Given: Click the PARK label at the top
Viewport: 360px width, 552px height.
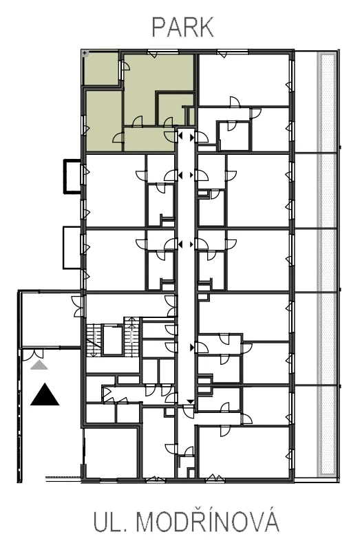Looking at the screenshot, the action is click(182, 28).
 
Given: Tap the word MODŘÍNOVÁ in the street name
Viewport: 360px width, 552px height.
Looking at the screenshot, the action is click(207, 522).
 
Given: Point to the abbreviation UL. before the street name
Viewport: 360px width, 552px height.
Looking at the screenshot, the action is click(109, 523).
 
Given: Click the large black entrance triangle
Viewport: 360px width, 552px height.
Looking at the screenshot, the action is click(45, 394).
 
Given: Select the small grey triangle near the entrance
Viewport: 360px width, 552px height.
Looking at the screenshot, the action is click(39, 365).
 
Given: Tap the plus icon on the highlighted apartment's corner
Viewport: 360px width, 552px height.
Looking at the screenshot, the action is click(85, 53).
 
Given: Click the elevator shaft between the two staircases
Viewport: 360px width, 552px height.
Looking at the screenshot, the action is click(113, 340).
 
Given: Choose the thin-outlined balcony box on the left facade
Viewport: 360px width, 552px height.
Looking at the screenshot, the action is click(72, 248).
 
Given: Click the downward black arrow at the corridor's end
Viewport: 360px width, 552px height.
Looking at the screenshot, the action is click(190, 402).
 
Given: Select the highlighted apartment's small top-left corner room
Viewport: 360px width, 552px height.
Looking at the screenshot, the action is click(100, 68).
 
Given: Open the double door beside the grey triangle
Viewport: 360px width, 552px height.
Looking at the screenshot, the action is click(33, 354).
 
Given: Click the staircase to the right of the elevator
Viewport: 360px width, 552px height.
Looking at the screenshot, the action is click(131, 337).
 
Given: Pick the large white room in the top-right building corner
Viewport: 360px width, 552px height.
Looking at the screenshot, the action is click(244, 80).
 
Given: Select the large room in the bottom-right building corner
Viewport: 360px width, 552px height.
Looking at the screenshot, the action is click(244, 453).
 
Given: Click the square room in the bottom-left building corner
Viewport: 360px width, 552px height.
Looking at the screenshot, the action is click(111, 454).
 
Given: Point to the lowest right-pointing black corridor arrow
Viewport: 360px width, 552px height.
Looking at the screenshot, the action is click(192, 348).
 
